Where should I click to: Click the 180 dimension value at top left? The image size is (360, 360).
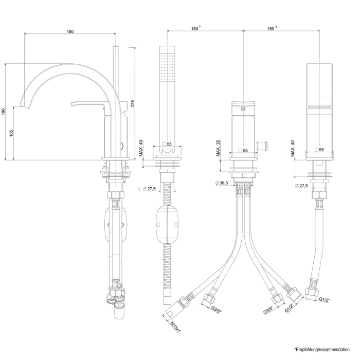pos(70,32)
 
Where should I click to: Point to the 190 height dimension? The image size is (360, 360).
pos(4,111)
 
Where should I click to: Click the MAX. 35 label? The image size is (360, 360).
pos(219,148)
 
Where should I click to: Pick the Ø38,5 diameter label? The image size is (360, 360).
pos(221,183)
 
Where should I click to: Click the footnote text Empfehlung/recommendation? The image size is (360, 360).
pos(325,349)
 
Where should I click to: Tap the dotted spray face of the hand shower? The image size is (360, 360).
pos(167,66)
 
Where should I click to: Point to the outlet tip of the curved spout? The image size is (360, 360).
pos(22,106)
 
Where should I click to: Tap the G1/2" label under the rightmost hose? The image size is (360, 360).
pos(325,299)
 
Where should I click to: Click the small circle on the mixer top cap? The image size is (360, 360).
pos(243,108)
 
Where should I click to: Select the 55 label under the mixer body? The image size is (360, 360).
pos(246,151)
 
